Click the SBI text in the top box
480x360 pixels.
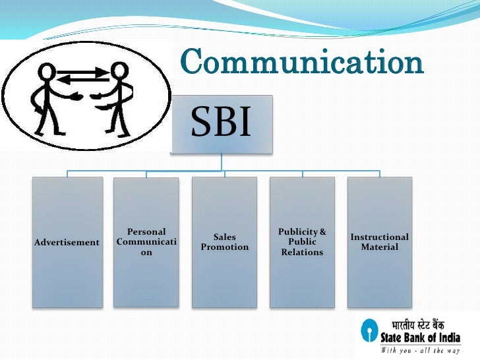221,123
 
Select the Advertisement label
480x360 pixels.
67,243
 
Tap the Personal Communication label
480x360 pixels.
146,242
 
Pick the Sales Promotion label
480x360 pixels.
225,242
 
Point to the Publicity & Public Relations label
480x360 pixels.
302,242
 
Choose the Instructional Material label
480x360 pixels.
380,242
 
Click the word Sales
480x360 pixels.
225,237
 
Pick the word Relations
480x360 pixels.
302,253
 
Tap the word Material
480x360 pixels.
380,247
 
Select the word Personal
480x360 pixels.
146,232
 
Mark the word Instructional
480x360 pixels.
380,237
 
